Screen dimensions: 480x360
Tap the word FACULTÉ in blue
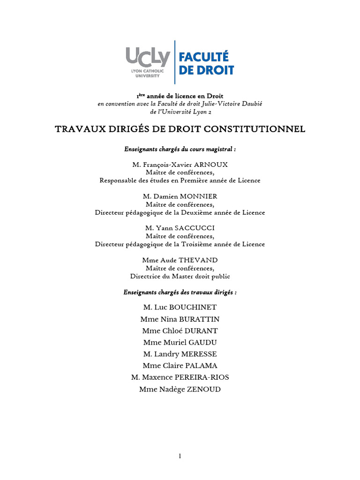click(204, 57)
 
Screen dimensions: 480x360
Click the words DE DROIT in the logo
click(206, 70)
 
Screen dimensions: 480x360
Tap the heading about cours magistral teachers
click(180, 149)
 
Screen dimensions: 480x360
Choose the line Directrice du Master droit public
click(180, 276)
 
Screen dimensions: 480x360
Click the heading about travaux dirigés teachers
click(180, 292)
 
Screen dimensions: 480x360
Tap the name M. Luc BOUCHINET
click(180, 307)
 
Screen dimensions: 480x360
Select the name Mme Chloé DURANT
click(180, 330)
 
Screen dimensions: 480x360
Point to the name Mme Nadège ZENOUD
click(180, 389)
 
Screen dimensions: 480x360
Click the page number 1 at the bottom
click(180, 457)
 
